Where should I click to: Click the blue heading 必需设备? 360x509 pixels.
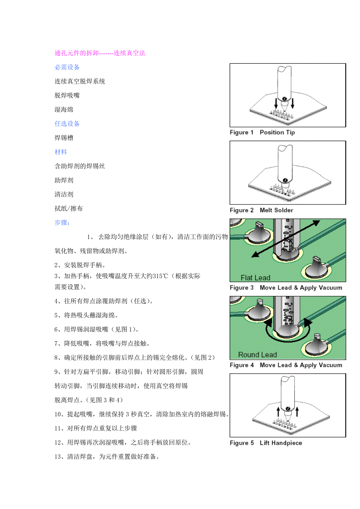[67, 67]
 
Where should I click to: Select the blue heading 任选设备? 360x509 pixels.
[67, 124]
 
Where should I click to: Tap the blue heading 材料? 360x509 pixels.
[61, 152]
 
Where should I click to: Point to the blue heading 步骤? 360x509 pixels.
[62, 222]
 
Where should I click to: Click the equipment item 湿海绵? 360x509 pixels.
[64, 109]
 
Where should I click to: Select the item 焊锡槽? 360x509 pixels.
[64, 138]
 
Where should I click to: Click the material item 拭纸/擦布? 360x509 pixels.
[68, 208]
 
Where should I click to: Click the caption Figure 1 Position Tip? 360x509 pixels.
[262, 133]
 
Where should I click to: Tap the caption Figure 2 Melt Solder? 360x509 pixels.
[261, 210]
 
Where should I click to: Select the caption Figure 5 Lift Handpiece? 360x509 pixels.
[266, 443]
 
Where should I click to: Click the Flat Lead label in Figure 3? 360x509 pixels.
[255, 278]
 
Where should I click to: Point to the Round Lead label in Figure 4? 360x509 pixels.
[257, 355]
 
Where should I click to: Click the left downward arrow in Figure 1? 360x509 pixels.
[276, 104]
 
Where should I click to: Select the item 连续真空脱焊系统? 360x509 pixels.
[79, 81]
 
